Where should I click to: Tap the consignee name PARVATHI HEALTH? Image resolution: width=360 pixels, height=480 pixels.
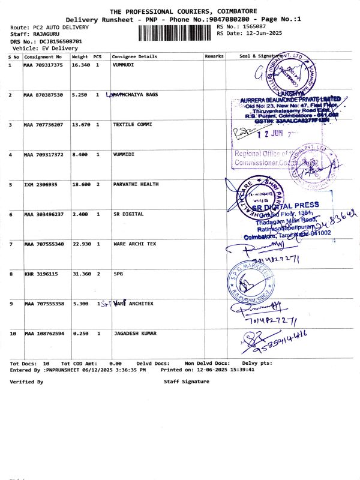(136, 184)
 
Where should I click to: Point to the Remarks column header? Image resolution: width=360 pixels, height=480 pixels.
(214, 56)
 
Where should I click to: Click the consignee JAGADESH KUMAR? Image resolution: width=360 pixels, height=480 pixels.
(137, 333)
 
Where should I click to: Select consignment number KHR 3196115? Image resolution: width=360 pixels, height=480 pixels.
(41, 274)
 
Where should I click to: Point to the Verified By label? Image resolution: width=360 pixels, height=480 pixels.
(26, 382)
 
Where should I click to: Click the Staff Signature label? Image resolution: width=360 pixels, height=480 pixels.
(187, 382)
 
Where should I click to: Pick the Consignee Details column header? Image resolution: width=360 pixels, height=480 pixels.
(134, 56)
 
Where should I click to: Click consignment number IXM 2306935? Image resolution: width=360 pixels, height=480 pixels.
(41, 184)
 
